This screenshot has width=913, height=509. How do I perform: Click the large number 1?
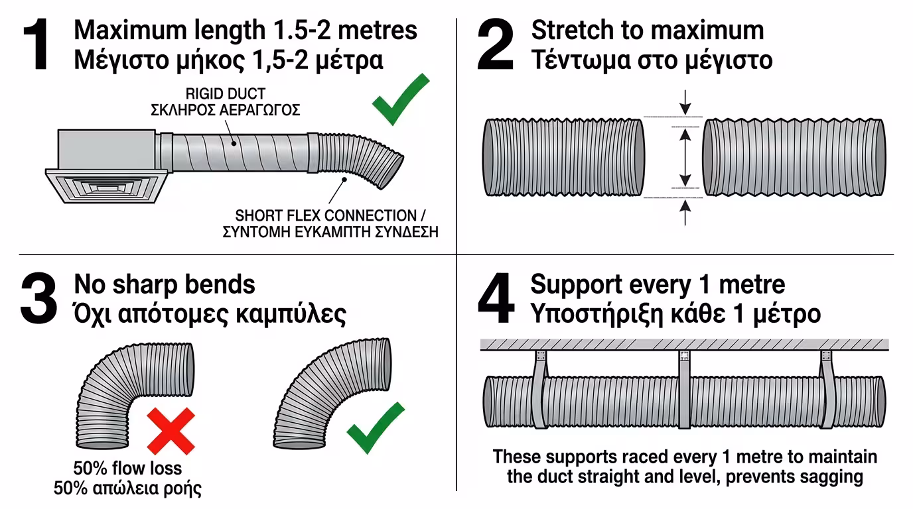coord(37,44)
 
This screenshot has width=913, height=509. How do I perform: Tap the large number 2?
coord(495,44)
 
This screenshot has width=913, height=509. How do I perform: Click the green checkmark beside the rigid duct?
coord(400,100)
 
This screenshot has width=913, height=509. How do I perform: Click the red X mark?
coord(171,431)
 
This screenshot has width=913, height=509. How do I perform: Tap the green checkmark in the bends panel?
coord(376,428)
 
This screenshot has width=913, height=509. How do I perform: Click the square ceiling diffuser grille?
coord(107,186)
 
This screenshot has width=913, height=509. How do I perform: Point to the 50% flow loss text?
coord(127,469)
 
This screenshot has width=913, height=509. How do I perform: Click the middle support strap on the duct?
coord(685,389)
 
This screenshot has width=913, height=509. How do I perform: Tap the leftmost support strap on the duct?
coord(539,389)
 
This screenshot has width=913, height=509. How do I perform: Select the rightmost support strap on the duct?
coord(827,389)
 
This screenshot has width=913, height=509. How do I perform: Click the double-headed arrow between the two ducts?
coord(685,158)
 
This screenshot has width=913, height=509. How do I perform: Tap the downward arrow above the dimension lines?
coord(685,103)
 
